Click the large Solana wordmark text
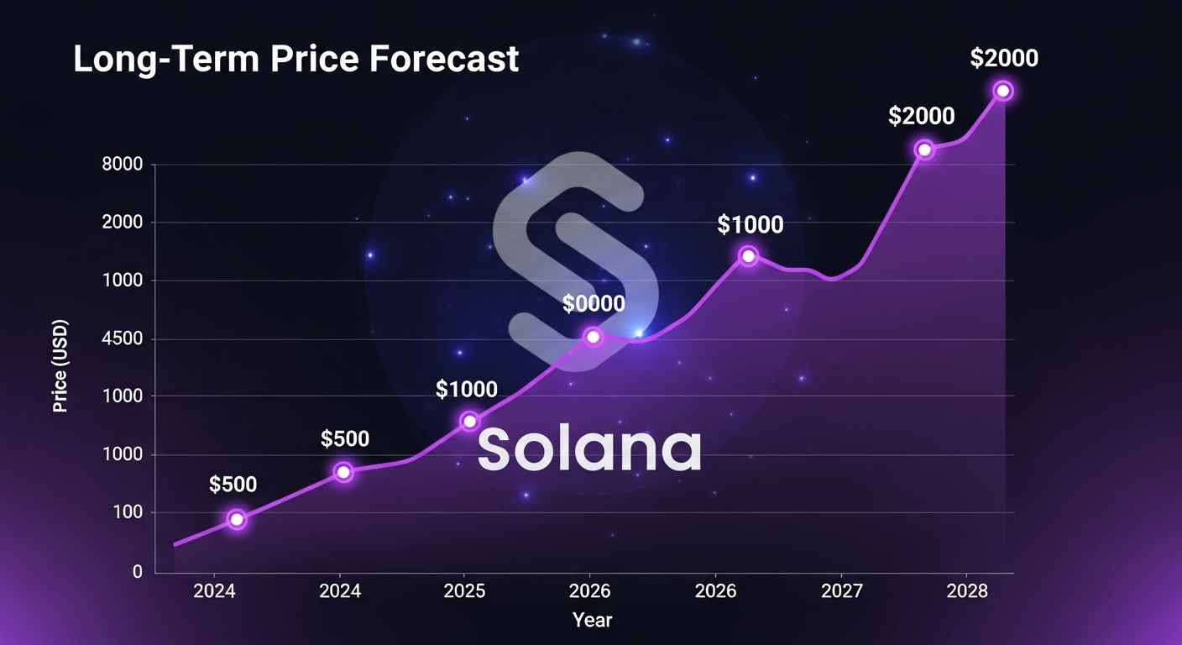click(x=589, y=448)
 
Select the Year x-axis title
click(x=593, y=620)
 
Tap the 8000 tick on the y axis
click(x=123, y=165)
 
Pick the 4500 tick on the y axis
click(x=123, y=339)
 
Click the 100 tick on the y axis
click(x=128, y=513)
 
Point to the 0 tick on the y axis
click(x=137, y=572)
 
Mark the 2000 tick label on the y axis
click(x=123, y=223)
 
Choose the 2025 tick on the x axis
click(x=464, y=591)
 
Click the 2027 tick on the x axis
click(x=841, y=591)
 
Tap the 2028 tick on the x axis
click(x=967, y=591)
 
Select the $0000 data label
click(x=594, y=303)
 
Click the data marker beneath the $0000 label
click(x=594, y=337)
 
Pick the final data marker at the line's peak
click(x=1002, y=91)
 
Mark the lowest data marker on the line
click(x=237, y=519)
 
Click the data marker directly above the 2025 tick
click(x=469, y=421)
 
